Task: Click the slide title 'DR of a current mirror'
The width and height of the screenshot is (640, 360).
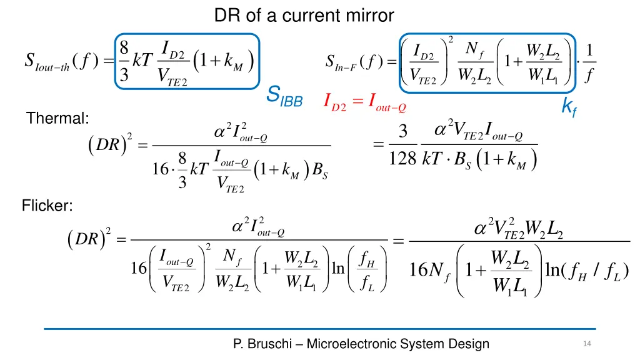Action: [x=304, y=15]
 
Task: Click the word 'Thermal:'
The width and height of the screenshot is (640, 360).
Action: [x=57, y=118]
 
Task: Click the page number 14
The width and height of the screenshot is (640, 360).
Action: [x=586, y=344]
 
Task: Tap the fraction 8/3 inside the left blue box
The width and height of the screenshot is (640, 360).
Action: [x=124, y=62]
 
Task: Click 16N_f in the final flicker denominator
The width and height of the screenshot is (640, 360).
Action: [x=427, y=272]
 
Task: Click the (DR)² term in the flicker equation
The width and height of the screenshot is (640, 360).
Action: [x=89, y=240]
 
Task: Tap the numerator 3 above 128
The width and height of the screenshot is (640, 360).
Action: [x=403, y=132]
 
